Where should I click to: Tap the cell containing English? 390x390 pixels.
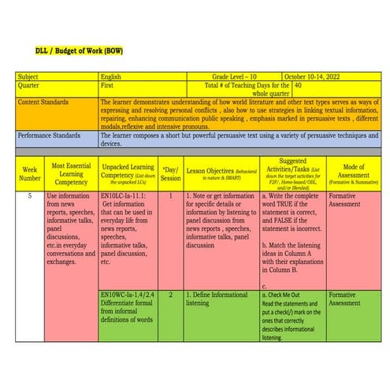[x=111, y=76]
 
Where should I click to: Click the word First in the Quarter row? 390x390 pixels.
[x=108, y=85]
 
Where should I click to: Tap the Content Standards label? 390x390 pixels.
[x=46, y=102]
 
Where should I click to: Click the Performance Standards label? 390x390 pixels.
[x=52, y=135]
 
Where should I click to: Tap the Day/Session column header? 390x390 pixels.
[x=170, y=173]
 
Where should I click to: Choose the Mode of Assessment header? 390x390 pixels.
[x=353, y=173]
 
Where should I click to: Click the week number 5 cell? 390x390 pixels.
[x=29, y=195]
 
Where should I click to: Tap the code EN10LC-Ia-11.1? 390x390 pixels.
[x=124, y=195]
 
